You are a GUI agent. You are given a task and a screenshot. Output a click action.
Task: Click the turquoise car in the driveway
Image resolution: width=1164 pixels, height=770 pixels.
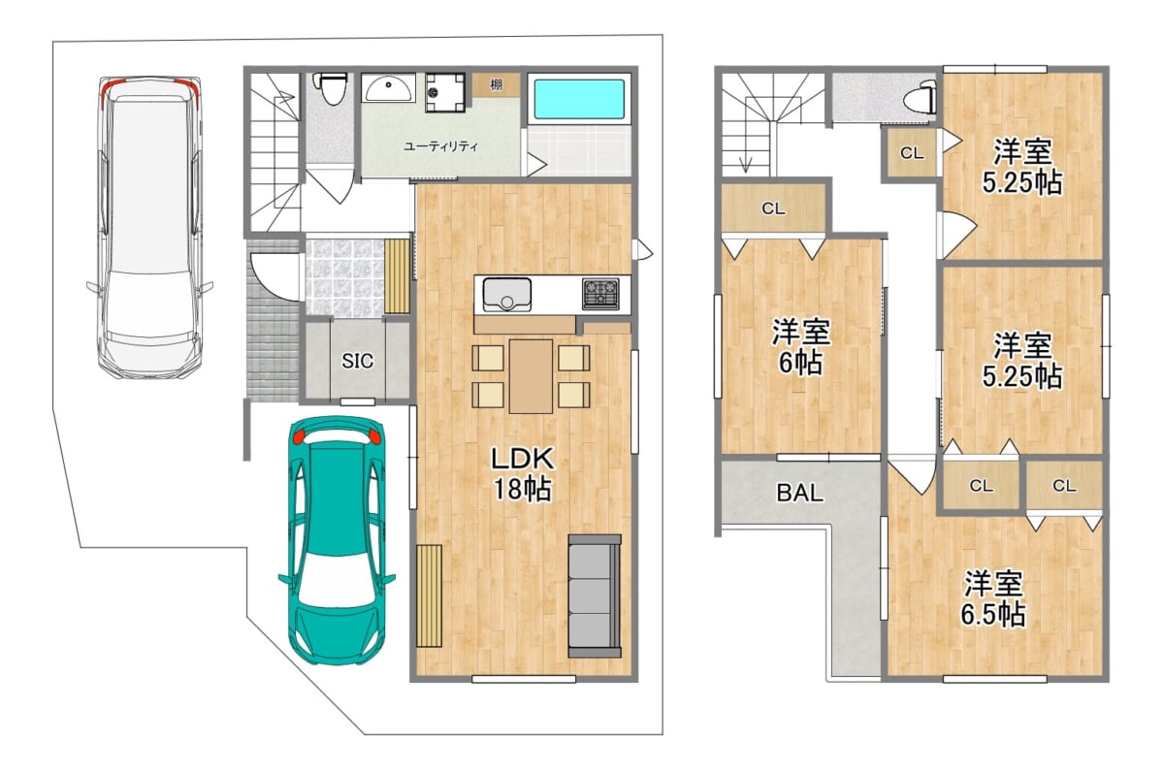click(x=337, y=540)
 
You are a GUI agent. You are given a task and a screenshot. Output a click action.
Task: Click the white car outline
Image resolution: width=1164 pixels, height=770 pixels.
click(x=149, y=227)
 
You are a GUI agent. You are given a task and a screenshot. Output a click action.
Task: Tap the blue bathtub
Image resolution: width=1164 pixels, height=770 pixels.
click(x=579, y=99)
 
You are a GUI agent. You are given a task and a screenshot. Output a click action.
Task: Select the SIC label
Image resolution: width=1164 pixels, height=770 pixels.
click(x=358, y=361)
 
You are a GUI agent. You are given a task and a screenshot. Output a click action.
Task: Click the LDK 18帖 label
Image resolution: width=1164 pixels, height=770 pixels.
click(x=522, y=473)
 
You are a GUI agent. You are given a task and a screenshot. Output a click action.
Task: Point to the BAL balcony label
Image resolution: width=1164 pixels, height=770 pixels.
click(x=799, y=493)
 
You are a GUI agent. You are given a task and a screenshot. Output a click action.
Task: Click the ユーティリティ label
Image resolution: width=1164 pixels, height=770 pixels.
click(x=440, y=146)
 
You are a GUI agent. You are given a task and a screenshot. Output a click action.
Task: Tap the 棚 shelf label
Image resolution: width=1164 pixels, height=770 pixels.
click(x=497, y=84)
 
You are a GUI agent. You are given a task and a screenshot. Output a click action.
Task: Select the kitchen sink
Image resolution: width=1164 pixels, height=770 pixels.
click(x=506, y=295)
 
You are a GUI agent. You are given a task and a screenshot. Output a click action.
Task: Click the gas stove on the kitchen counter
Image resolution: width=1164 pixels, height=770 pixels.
click(x=600, y=294)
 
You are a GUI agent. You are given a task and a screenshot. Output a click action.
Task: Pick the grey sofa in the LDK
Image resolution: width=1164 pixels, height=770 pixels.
click(x=595, y=596)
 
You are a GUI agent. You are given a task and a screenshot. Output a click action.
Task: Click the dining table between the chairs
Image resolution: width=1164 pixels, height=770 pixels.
click(x=531, y=376)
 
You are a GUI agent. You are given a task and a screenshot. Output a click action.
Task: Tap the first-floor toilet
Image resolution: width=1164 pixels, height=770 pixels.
click(x=330, y=89)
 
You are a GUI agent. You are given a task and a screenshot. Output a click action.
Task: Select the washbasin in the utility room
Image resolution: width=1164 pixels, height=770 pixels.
click(x=389, y=88)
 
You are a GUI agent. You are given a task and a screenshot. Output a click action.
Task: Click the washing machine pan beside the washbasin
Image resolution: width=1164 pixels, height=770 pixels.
click(x=445, y=92)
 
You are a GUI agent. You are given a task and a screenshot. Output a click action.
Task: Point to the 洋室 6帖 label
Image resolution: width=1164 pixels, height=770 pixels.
click(x=801, y=347)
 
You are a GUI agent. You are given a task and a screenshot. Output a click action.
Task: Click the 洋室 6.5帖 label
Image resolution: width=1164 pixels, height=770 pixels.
click(x=992, y=598)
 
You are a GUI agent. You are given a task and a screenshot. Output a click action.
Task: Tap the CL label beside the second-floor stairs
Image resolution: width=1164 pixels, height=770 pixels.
click(x=773, y=209)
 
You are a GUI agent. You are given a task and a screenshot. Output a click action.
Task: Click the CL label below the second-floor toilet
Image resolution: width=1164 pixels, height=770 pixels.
click(x=912, y=153)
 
